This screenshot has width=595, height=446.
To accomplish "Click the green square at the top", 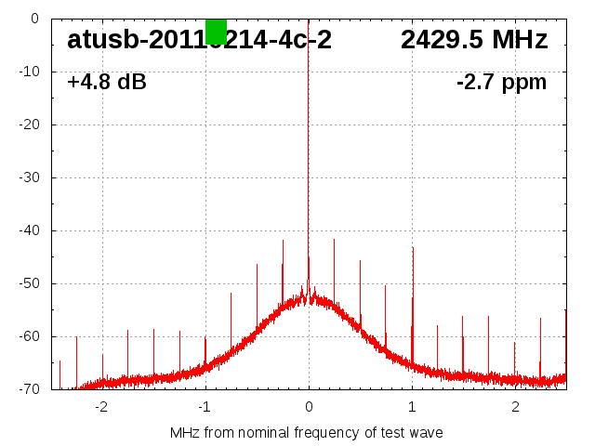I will (216, 31).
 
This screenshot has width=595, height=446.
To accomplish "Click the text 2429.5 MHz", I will (474, 40).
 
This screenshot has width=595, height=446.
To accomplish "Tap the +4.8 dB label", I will (106, 82).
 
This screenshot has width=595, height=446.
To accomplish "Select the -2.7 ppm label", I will (501, 82).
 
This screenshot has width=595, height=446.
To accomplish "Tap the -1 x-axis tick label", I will (204, 407).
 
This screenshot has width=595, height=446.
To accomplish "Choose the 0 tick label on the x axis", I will (309, 407).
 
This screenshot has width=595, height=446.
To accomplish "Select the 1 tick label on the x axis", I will (412, 407).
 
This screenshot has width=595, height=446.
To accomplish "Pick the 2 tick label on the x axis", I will (515, 407).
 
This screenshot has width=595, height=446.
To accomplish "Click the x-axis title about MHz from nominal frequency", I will (307, 433).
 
